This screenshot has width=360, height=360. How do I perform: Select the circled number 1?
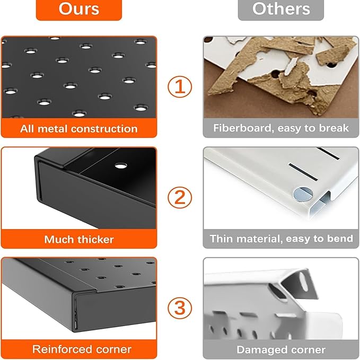tap(180, 87)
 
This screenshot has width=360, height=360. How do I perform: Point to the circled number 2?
tap(180, 197)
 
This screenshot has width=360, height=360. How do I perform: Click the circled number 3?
tap(180, 308)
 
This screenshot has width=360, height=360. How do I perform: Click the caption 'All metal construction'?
tap(79, 129)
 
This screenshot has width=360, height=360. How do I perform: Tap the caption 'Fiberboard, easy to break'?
tap(281, 128)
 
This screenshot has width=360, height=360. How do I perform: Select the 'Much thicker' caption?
tap(79, 240)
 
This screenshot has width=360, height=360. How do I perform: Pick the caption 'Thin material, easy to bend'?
tap(281, 239)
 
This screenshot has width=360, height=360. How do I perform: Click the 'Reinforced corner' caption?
tap(82, 349)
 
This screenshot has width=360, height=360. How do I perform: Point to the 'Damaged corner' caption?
tap(281, 350)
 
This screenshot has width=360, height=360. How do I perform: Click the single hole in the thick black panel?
tap(121, 165)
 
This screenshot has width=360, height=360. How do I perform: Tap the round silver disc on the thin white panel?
tap(303, 195)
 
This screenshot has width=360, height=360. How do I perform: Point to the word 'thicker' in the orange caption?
tap(95, 240)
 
